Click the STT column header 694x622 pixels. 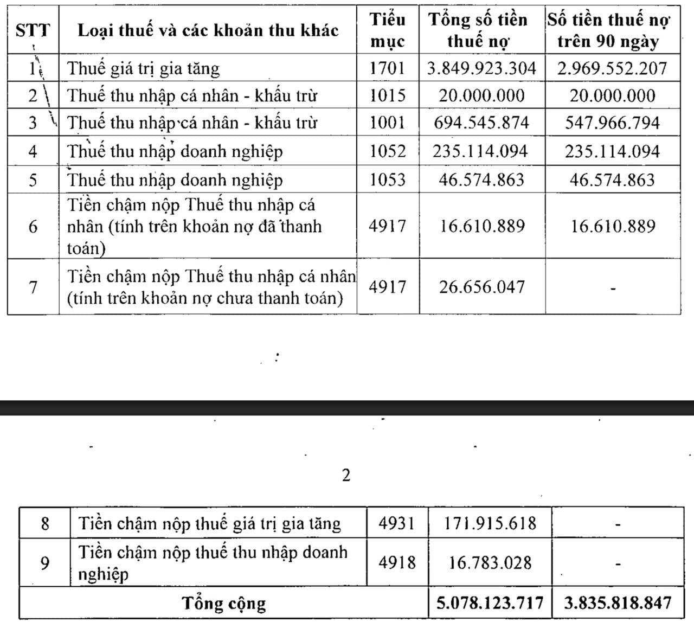click(x=33, y=30)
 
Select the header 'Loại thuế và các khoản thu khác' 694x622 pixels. click(x=208, y=30)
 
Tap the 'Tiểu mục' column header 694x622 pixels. click(x=388, y=30)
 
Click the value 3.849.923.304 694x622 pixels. click(x=481, y=68)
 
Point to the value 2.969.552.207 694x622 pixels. click(x=613, y=68)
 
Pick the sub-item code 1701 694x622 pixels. click(x=388, y=68)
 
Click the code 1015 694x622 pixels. click(x=388, y=95)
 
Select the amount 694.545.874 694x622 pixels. click(x=481, y=123)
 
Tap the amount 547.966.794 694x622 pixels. click(x=613, y=123)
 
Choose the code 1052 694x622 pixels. click(x=388, y=151)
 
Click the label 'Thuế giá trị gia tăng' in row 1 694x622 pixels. click(x=144, y=69)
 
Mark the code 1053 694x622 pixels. click(x=388, y=179)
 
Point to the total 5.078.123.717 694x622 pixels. click(x=490, y=602)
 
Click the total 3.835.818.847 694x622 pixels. click(x=618, y=602)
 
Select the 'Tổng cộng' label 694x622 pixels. click(x=224, y=603)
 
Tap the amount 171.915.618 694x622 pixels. click(x=490, y=523)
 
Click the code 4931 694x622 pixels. click(x=397, y=523)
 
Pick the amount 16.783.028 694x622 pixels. click(x=490, y=562)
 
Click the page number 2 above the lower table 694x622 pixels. click(x=346, y=475)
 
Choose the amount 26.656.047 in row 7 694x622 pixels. click(x=482, y=286)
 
